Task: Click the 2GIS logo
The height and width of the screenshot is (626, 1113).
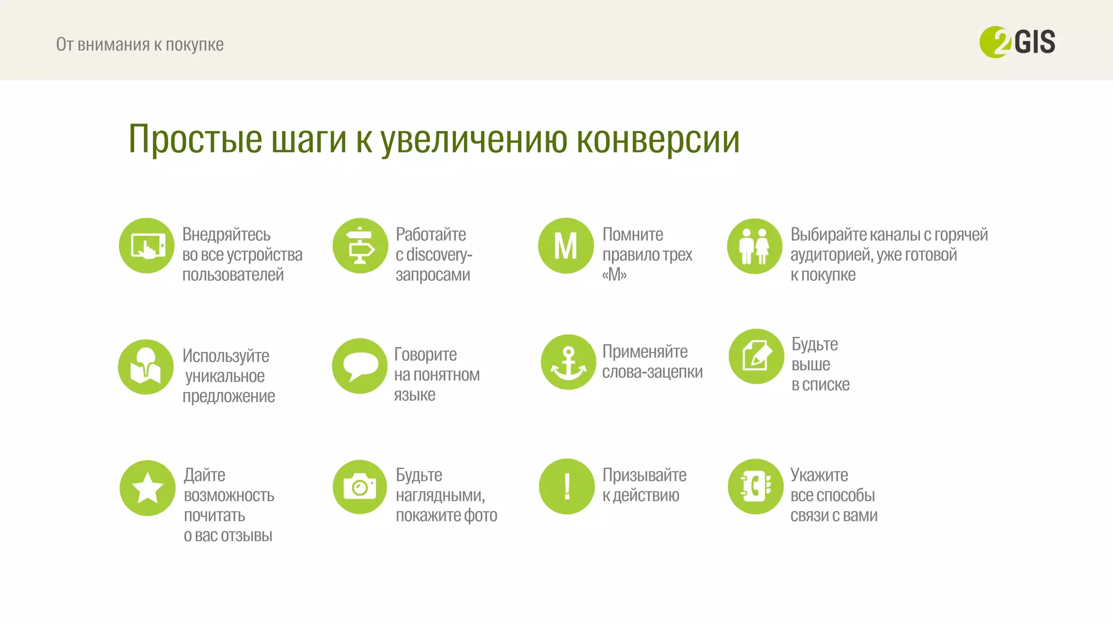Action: tap(1017, 42)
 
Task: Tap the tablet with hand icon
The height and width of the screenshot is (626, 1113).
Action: tap(147, 246)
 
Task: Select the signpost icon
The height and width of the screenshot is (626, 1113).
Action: tap(360, 246)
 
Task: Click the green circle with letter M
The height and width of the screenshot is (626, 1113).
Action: tap(566, 246)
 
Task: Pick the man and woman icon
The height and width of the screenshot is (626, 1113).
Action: tap(754, 246)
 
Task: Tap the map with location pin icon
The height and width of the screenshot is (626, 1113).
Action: tap(146, 367)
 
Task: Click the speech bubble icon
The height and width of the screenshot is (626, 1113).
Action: tap(360, 366)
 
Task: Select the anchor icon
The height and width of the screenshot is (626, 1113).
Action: tap(568, 362)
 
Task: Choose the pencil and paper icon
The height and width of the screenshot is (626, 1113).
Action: tap(756, 356)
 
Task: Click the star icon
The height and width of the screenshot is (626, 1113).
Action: tap(147, 487)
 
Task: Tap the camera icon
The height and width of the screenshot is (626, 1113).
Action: tap(360, 487)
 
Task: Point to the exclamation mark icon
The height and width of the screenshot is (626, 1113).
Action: tap(567, 486)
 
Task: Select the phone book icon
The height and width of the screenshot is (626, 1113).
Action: tap(755, 486)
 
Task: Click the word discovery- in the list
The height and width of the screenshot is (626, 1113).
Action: tap(439, 254)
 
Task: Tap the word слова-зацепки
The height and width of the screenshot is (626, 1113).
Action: tap(652, 372)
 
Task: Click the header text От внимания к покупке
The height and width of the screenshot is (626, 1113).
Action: tap(140, 45)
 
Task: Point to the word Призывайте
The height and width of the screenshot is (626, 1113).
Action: tap(644, 475)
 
